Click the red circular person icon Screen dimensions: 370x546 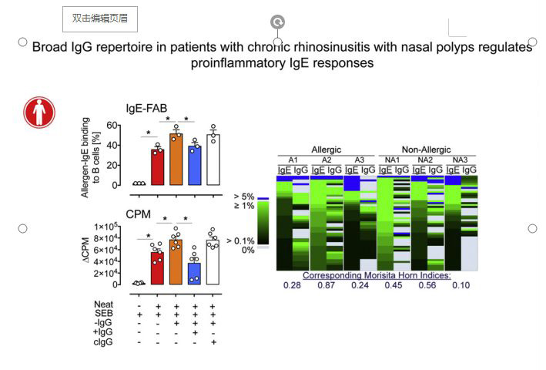click(x=39, y=112)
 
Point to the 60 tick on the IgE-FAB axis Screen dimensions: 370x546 click(x=112, y=125)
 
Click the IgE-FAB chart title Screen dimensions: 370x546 click(x=147, y=109)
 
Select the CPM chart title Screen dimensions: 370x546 click(x=139, y=215)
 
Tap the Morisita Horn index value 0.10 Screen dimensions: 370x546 click(x=461, y=286)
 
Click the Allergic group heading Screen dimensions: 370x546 click(x=327, y=149)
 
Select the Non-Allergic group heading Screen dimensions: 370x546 click(x=426, y=149)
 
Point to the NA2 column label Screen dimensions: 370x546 click(x=425, y=160)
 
